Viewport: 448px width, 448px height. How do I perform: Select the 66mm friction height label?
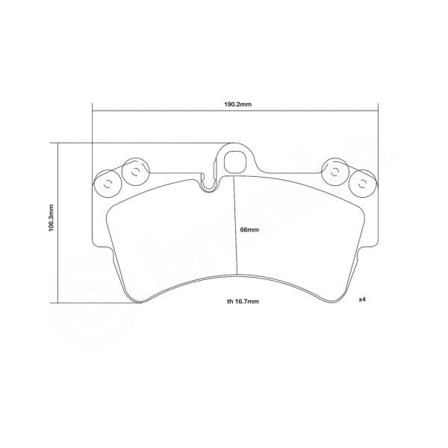click(249, 230)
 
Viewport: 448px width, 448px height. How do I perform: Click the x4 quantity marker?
click(361, 299)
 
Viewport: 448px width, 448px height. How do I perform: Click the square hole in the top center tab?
click(234, 159)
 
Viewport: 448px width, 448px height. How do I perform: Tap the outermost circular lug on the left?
click(106, 184)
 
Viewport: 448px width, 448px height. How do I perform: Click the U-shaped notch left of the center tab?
click(208, 181)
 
